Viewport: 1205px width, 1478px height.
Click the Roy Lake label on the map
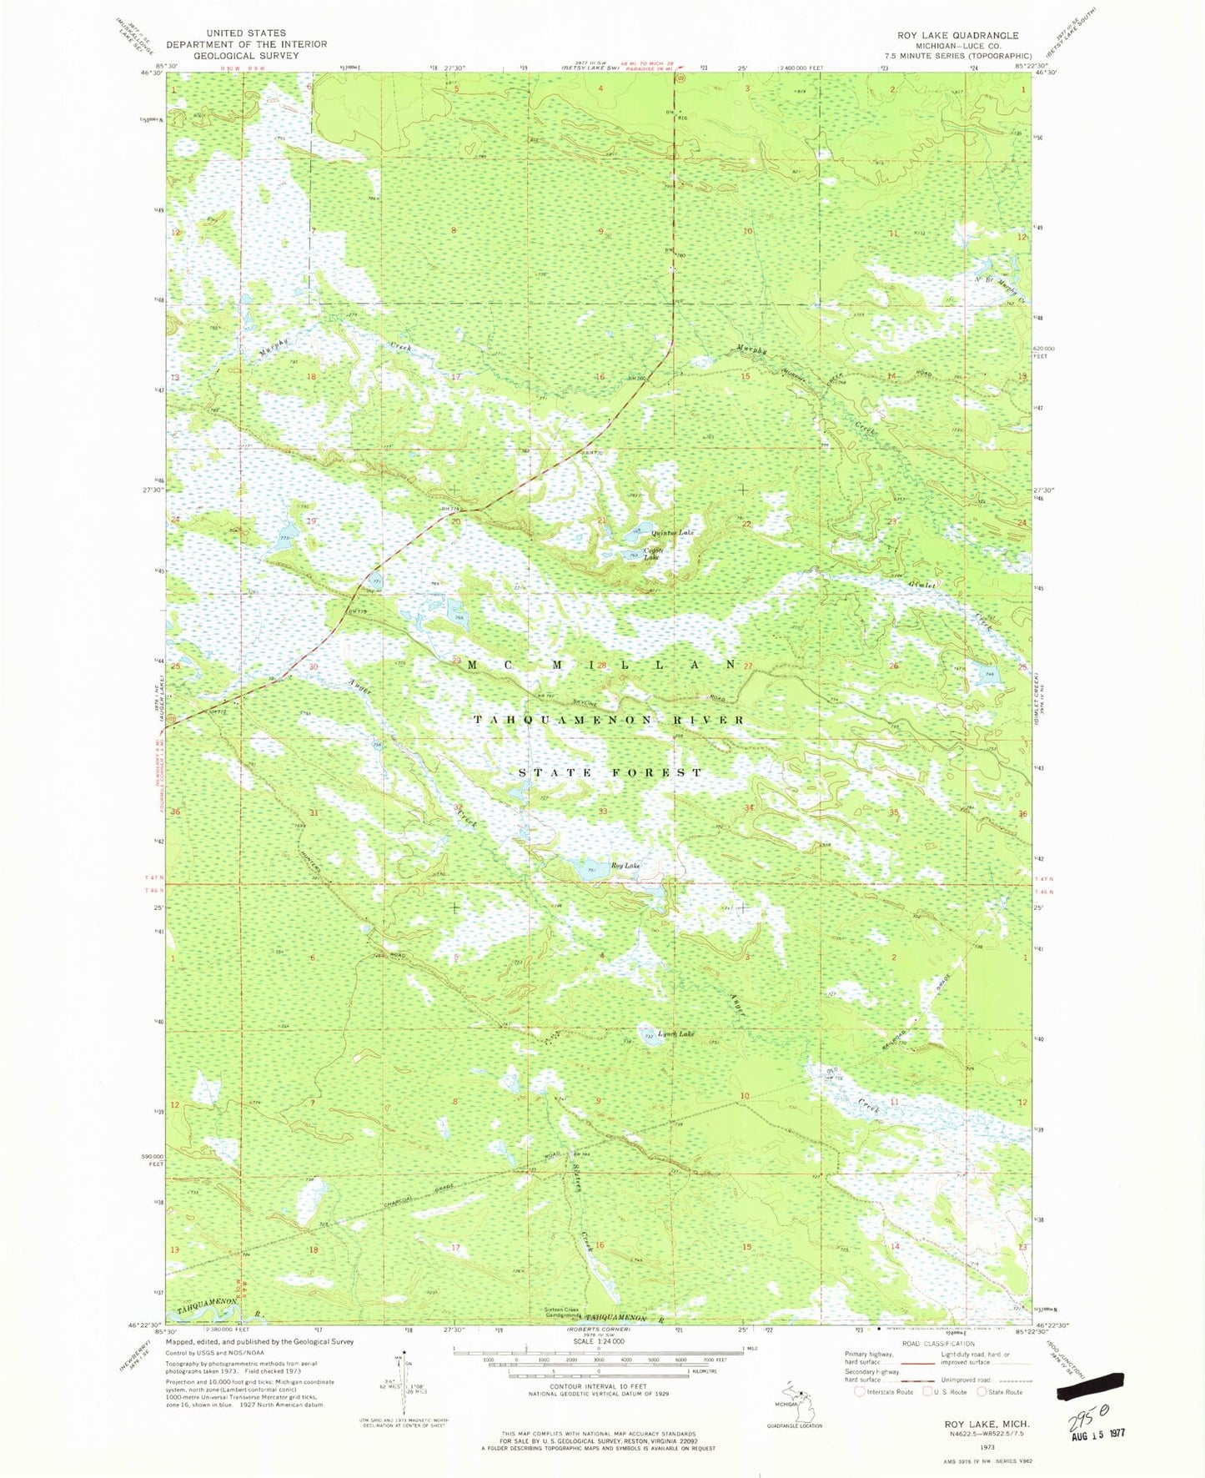pyautogui.click(x=625, y=867)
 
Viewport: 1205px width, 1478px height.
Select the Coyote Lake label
pyautogui.click(x=652, y=553)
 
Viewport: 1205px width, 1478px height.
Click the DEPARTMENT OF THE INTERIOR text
pyautogui.click(x=247, y=44)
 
